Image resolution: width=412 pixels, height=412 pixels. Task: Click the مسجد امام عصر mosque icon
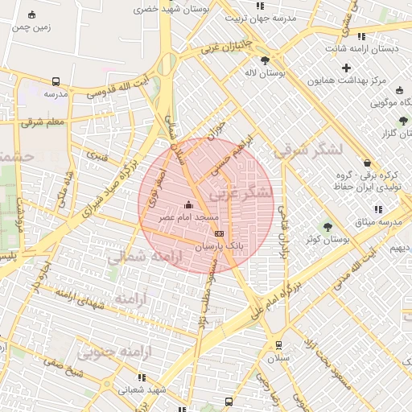(x=189, y=204)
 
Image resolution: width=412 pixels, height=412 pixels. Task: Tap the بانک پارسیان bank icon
(x=219, y=233)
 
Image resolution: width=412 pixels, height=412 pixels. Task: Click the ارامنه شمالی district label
(x=146, y=257)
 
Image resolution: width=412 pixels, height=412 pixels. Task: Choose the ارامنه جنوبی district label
(x=107, y=352)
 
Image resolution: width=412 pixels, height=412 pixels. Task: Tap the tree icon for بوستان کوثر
(x=328, y=226)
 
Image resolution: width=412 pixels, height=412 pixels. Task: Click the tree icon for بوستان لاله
(x=265, y=60)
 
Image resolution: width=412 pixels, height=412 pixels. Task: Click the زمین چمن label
(x=31, y=27)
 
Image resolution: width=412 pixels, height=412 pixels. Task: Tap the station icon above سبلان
(x=278, y=344)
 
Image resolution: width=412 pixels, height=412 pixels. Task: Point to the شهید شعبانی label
(x=143, y=389)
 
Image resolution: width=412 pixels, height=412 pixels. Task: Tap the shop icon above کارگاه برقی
(x=367, y=162)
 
